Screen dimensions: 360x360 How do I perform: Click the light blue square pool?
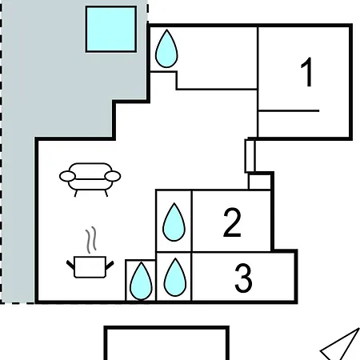coord(111,29)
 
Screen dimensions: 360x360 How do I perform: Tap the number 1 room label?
coord(307,72)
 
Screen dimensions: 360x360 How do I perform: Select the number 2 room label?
coord(232,222)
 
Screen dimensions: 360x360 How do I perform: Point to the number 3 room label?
coord(243,278)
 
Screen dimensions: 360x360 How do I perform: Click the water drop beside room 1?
coord(166,49)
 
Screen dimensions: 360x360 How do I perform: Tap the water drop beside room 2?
coord(174,222)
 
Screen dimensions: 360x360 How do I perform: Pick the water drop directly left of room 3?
coord(175,277)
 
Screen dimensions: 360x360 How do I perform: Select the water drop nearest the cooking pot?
coord(141,281)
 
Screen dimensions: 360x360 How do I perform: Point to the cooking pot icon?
coord(90,266)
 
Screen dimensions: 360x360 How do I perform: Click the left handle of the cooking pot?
coord(70,265)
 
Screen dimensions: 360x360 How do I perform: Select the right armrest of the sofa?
coord(113,176)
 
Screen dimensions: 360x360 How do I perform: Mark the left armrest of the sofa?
coord(67,176)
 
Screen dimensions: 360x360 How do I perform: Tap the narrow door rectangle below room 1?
coord(250,156)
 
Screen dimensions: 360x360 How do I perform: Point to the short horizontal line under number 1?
coord(289,110)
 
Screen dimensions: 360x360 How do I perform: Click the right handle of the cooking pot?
coord(110,265)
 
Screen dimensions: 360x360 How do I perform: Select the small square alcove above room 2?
coord(259,182)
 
